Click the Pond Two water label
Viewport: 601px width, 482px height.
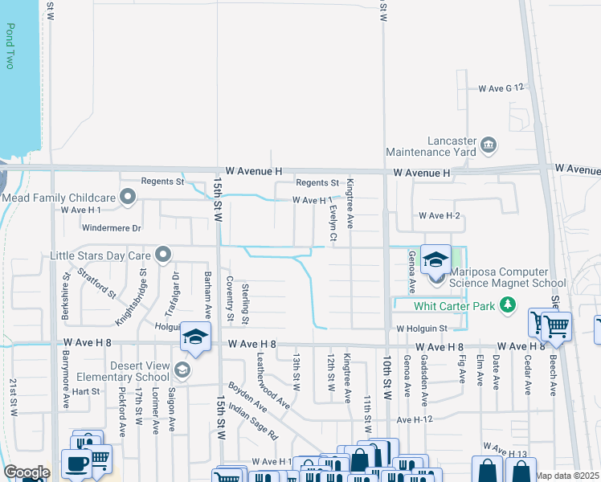pos(10,46)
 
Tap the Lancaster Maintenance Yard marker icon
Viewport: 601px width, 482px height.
pos(489,145)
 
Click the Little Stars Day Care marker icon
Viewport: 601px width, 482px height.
pos(163,255)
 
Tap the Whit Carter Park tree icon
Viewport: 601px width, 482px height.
pos(507,305)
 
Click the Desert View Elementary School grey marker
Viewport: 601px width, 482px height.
pos(183,370)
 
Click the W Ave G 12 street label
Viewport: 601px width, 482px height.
pos(501,87)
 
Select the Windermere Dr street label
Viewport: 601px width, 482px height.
pos(112,228)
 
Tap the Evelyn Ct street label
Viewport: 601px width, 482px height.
pos(333,223)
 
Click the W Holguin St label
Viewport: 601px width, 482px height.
pos(421,329)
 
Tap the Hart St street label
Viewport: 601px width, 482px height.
pos(85,391)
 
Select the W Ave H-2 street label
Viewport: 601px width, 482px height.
pos(439,216)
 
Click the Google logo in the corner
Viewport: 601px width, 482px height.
pos(27,472)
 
